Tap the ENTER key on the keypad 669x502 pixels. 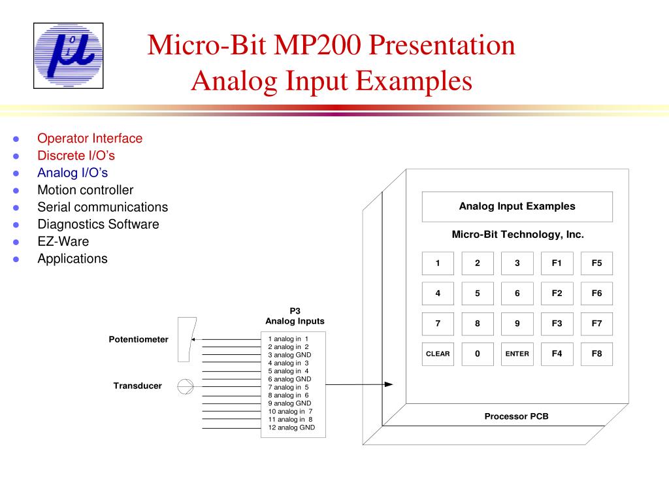pyautogui.click(x=517, y=354)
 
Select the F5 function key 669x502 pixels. pyautogui.click(x=596, y=263)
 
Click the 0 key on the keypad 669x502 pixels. pyautogui.click(x=478, y=354)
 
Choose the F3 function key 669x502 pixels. pyautogui.click(x=557, y=324)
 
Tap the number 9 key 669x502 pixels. pyautogui.click(x=517, y=324)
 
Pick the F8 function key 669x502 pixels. pyautogui.click(x=596, y=354)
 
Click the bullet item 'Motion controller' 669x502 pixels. pyautogui.click(x=85, y=190)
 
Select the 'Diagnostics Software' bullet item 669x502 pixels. pyautogui.click(x=98, y=224)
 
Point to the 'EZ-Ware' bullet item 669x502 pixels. pyautogui.click(x=63, y=241)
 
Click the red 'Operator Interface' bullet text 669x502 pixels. pyautogui.click(x=90, y=139)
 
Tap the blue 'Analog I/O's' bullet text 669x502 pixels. pyautogui.click(x=73, y=173)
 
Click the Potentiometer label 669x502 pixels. pyautogui.click(x=138, y=340)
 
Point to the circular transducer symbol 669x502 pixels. pyautogui.click(x=186, y=386)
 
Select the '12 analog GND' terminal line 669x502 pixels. pyautogui.click(x=291, y=427)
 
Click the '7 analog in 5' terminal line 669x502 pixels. pyautogui.click(x=288, y=387)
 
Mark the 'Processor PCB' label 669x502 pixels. pyautogui.click(x=516, y=416)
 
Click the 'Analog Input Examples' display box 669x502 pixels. pyautogui.click(x=517, y=207)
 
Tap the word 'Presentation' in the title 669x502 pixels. pyautogui.click(x=442, y=46)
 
